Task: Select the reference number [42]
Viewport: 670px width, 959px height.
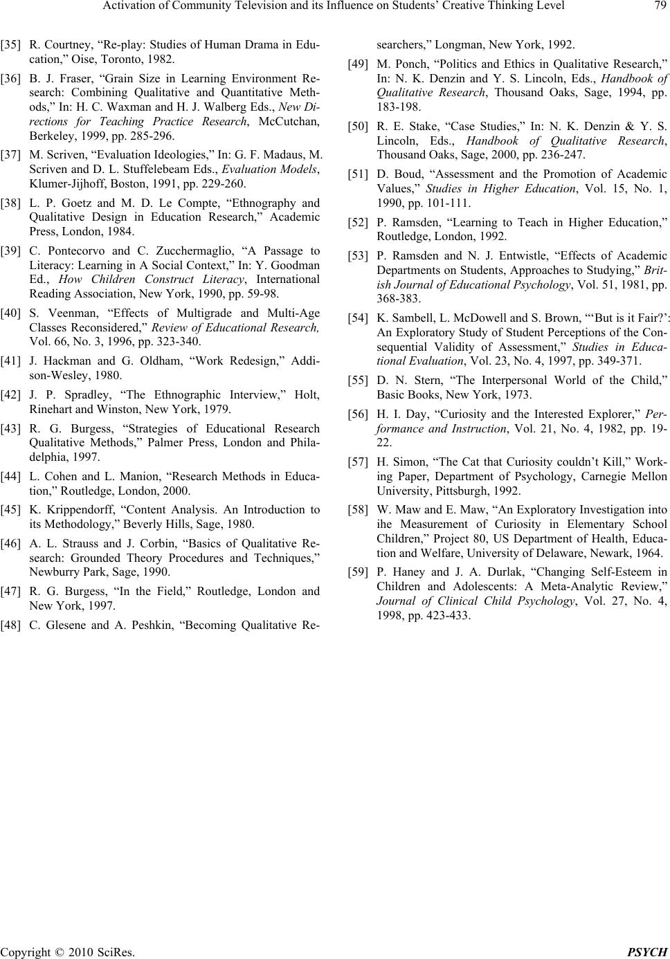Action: pos(10,396)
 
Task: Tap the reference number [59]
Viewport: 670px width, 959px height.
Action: pos(357,572)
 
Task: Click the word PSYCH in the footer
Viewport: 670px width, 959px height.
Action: pos(650,952)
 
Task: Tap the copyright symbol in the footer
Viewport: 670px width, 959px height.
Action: pos(57,952)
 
